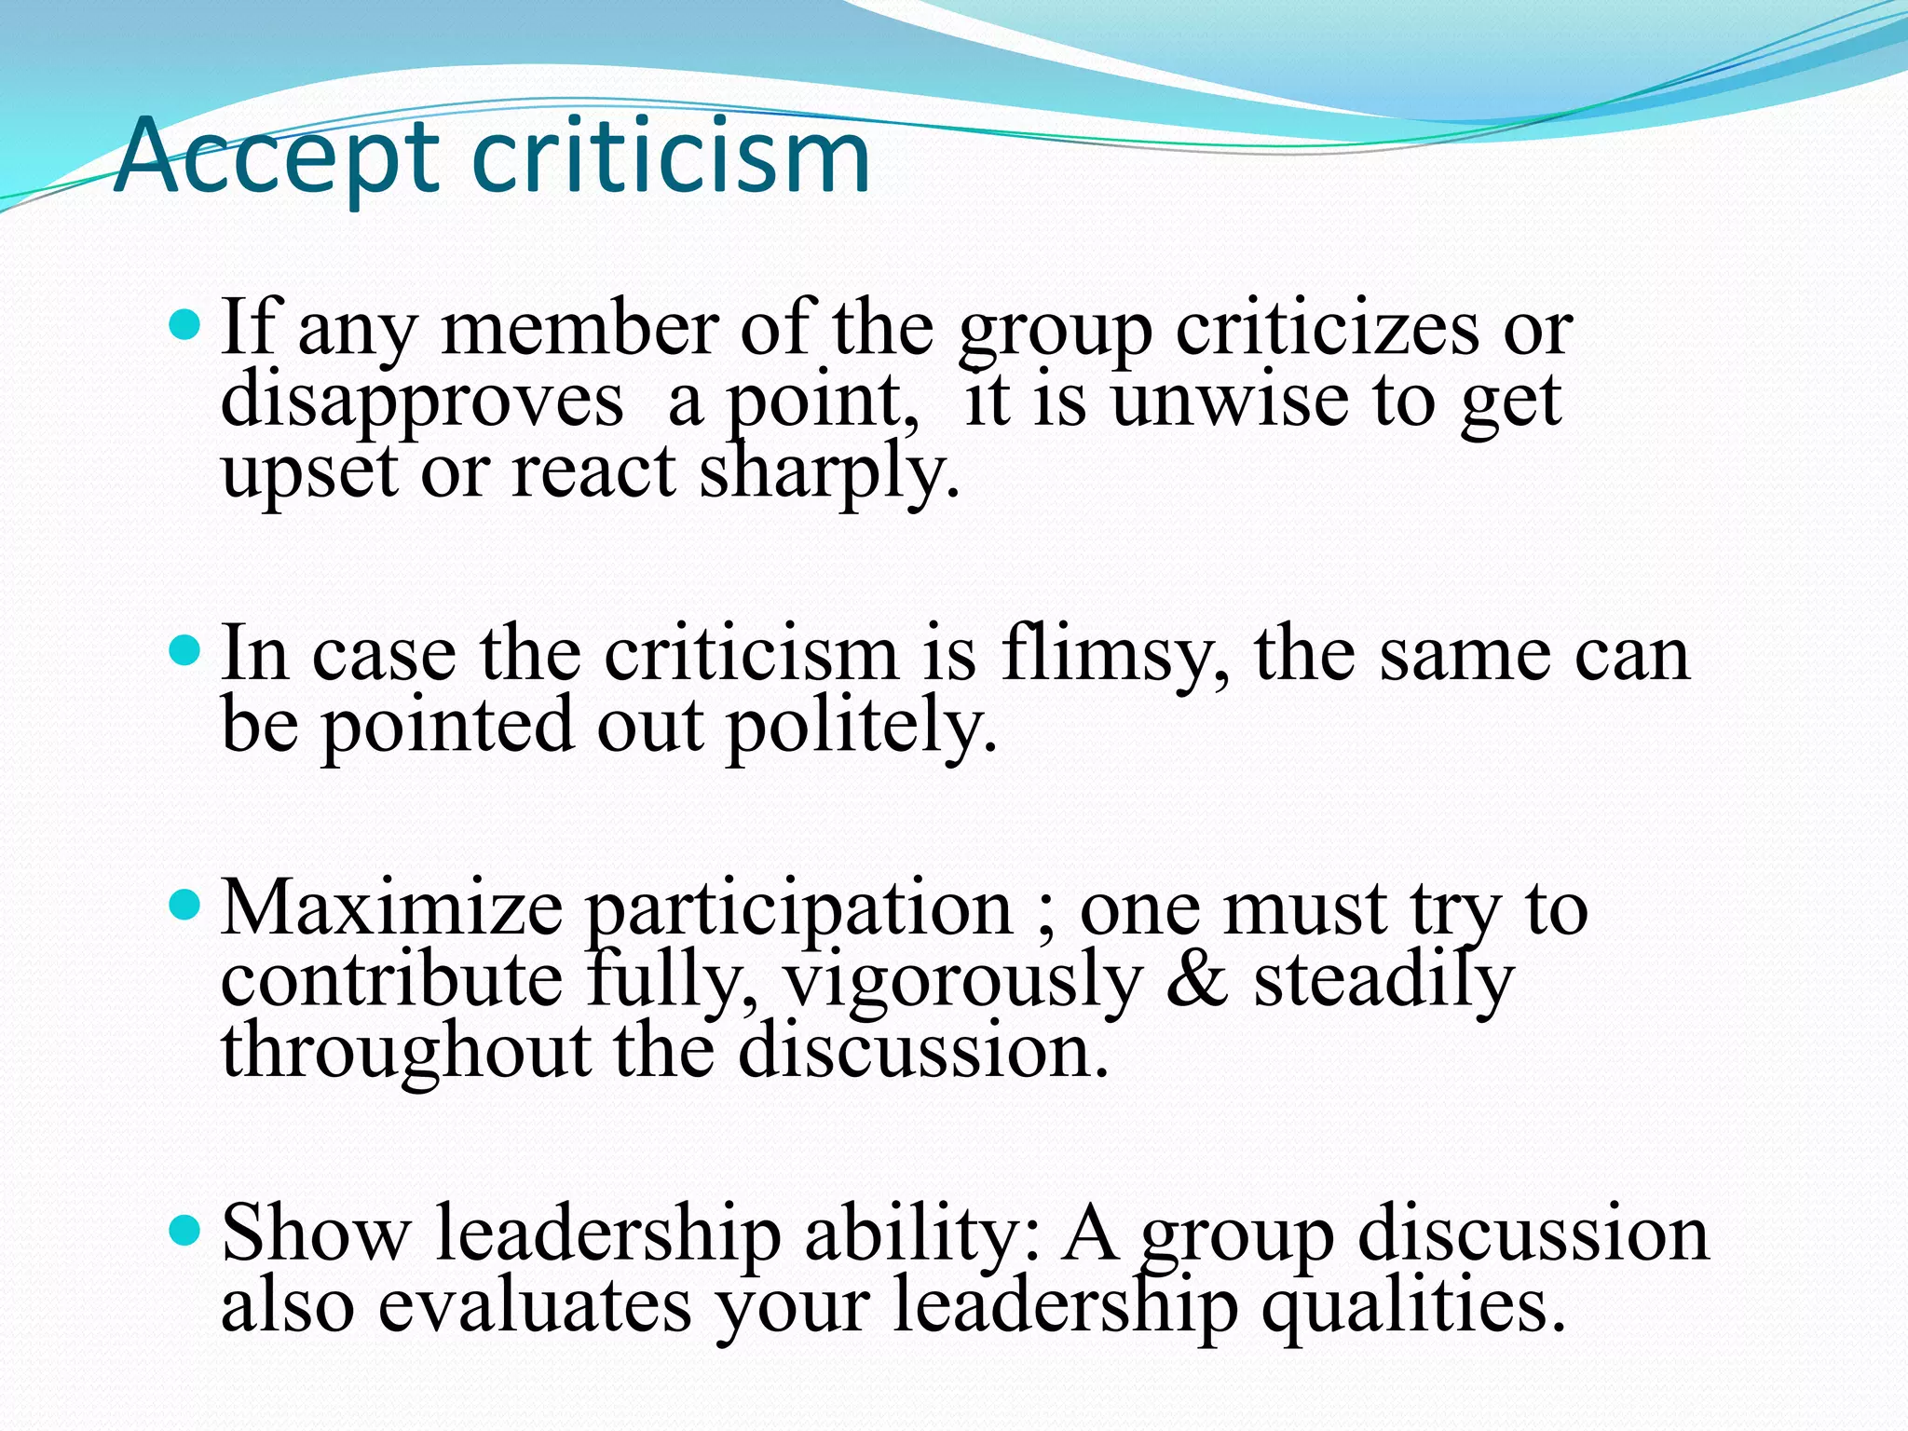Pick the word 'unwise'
pyautogui.click(x=1230, y=401)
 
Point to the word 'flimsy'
pyautogui.click(x=1114, y=654)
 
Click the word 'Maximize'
pyautogui.click(x=391, y=907)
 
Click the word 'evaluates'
pyautogui.click(x=535, y=1304)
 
